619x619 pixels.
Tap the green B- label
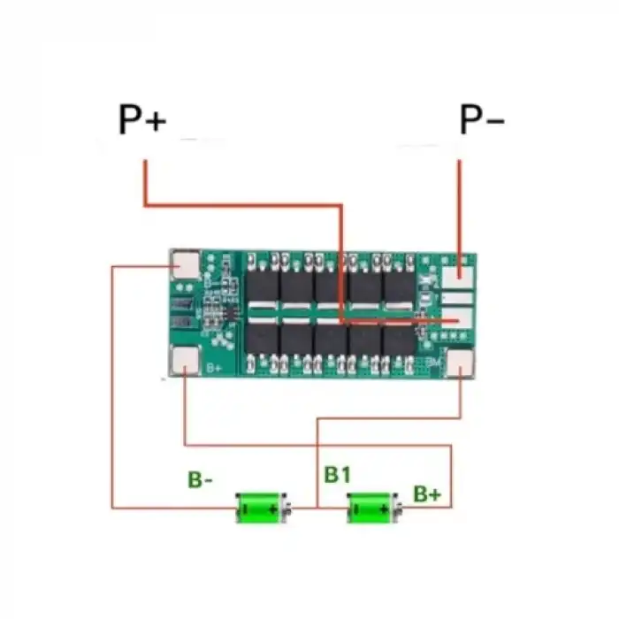coord(200,480)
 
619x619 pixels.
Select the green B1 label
coord(337,475)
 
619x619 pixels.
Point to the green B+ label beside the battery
coord(427,493)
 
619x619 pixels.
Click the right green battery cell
coord(372,508)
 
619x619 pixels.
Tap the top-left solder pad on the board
coord(185,265)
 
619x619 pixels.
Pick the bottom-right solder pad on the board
coord(460,363)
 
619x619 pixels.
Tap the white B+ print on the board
coord(213,367)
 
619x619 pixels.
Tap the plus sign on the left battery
coord(273,509)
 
